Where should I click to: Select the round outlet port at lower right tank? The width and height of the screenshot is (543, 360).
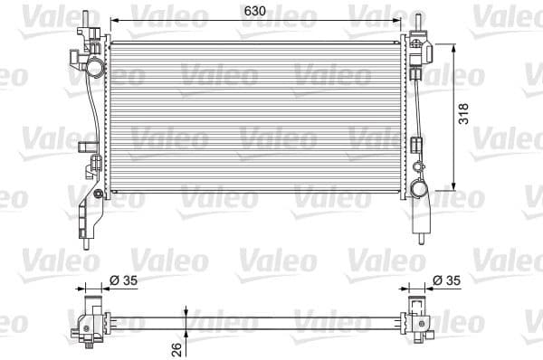tap(418, 189)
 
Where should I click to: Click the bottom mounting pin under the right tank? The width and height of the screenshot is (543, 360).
tap(423, 238)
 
